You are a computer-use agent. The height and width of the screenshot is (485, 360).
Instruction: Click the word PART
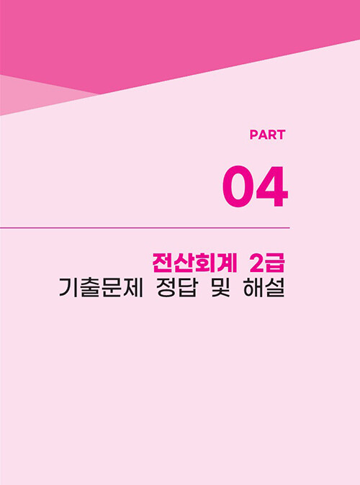click(267, 135)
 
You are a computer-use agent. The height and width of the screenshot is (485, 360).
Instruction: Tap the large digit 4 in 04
click(271, 186)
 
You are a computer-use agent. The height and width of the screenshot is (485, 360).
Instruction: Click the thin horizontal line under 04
click(145, 228)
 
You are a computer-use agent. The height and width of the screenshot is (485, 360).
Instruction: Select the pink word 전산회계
click(194, 263)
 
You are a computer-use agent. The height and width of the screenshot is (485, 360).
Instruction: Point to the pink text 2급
click(267, 263)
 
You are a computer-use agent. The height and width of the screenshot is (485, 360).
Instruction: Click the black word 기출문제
click(101, 288)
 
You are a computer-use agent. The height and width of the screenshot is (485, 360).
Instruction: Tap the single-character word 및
click(221, 288)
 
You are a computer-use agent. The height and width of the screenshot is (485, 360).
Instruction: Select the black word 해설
click(264, 288)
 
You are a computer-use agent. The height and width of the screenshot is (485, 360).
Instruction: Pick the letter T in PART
click(281, 135)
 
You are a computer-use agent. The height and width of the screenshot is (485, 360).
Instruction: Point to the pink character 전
click(162, 263)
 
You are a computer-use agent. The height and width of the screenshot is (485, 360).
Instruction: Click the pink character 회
click(205, 263)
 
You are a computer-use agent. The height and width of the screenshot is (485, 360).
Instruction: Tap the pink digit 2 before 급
click(256, 264)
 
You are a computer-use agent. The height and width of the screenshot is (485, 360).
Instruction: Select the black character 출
click(90, 288)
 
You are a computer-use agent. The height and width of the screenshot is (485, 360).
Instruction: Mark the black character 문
click(112, 288)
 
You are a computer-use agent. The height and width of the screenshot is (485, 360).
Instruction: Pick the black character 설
click(275, 288)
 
